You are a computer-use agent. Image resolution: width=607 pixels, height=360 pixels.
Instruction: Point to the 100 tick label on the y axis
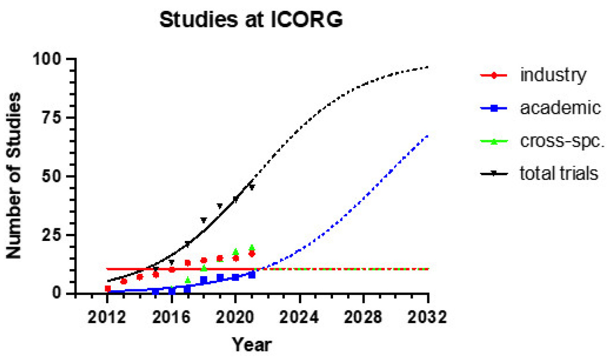tap(52, 59)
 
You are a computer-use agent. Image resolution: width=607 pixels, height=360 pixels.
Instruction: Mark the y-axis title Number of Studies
tap(15, 176)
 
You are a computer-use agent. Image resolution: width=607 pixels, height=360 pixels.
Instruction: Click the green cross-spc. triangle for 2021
tap(252, 247)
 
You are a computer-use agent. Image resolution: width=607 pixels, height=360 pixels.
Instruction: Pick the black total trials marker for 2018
tap(204, 220)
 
